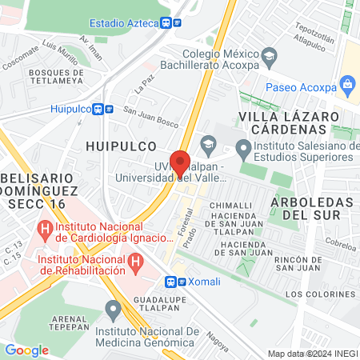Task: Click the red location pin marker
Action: [x=181, y=162]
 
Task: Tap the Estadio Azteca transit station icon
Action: [x=166, y=23]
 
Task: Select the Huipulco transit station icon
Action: [x=97, y=109]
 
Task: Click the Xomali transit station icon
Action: [x=170, y=282]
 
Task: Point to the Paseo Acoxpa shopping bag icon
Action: [x=347, y=83]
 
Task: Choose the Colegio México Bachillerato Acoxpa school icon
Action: [x=270, y=55]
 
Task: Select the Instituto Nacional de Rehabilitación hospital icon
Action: [x=136, y=261]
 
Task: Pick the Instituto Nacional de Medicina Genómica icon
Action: [x=114, y=308]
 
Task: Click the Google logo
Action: [x=26, y=350]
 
